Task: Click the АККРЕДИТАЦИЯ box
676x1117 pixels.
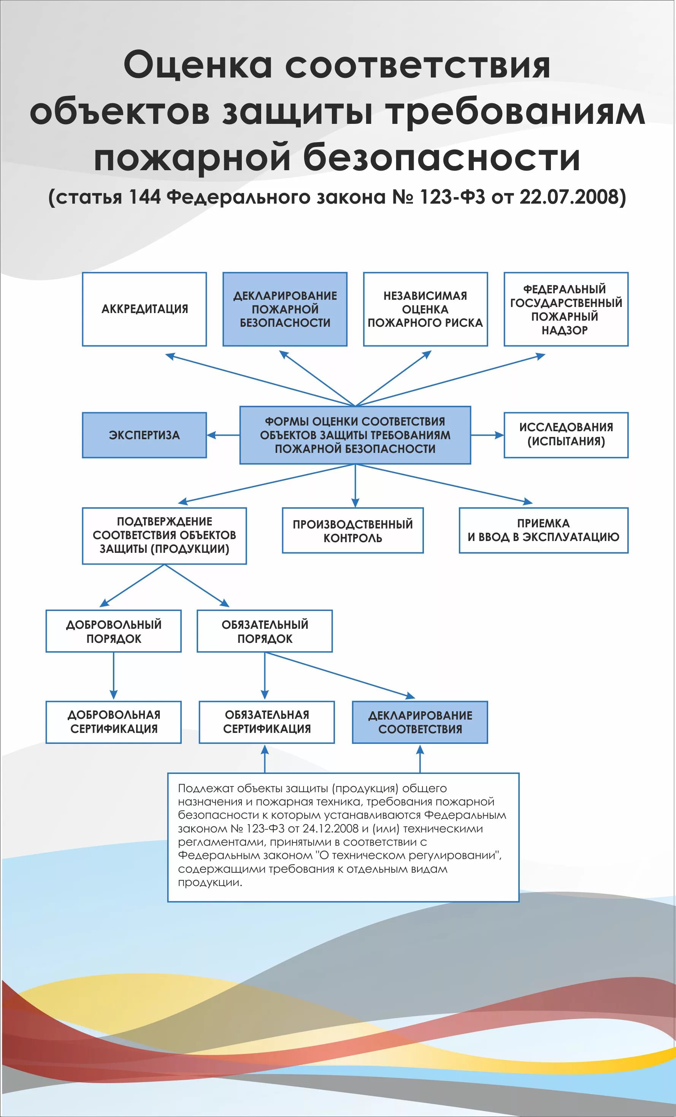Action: point(144,309)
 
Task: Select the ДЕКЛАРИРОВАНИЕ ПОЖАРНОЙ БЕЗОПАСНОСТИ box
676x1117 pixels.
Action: point(285,309)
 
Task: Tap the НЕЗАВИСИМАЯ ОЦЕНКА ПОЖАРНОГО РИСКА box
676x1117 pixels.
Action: point(425,309)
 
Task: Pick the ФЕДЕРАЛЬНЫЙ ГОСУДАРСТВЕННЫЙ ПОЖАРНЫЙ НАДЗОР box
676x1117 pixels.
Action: point(566,309)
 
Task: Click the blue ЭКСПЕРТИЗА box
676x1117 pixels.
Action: point(144,435)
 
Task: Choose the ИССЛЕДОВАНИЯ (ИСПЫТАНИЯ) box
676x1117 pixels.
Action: point(566,435)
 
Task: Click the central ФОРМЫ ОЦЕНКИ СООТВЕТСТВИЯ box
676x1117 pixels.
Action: point(355,435)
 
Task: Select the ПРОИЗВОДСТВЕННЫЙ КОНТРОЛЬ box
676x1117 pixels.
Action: point(352,530)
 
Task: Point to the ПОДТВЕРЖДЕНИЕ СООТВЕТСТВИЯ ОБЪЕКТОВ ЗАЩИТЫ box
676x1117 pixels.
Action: point(164,535)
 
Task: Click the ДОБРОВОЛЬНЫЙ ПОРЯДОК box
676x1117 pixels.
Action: point(113,631)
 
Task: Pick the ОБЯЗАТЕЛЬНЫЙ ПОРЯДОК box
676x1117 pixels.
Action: point(265,631)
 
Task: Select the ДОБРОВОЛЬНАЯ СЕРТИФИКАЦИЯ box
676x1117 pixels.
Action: point(113,722)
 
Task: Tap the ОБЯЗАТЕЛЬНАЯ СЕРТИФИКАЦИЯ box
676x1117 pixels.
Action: point(267,722)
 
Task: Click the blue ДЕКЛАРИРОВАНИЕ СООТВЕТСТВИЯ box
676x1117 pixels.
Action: point(420,723)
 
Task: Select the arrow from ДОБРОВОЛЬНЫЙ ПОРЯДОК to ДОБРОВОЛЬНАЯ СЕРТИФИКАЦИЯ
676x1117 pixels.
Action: point(113,676)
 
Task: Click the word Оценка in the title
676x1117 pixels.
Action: point(198,65)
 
